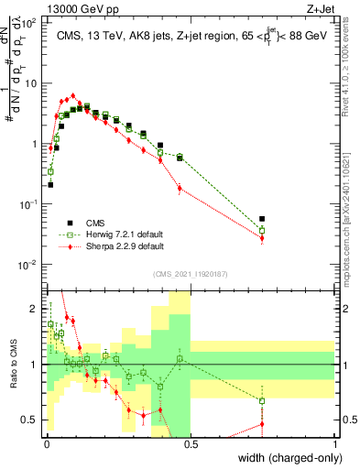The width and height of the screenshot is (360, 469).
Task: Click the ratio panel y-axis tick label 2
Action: tap(34, 307)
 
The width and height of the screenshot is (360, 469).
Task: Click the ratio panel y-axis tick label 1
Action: tap(34, 365)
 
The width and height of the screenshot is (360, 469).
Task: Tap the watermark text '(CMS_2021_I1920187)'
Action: tap(191, 273)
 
